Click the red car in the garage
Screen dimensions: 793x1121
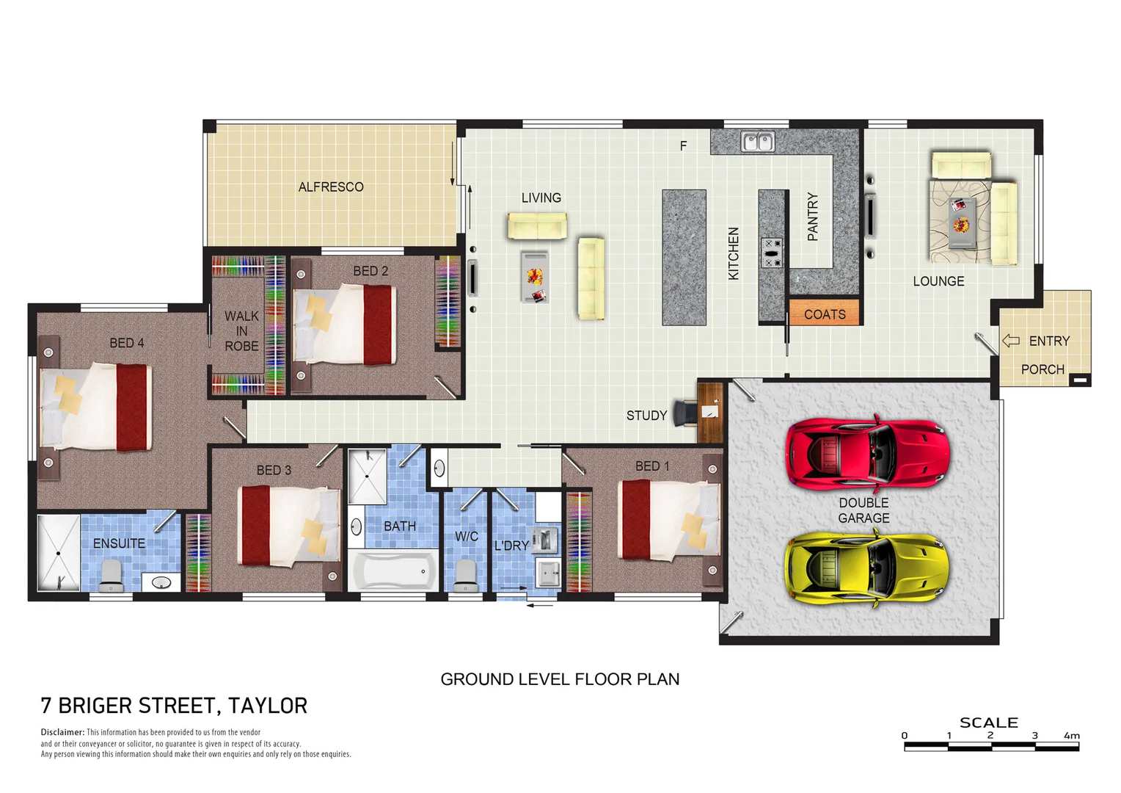tap(866, 453)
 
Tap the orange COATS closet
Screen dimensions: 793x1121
tap(824, 314)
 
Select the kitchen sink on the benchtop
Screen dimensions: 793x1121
tap(757, 141)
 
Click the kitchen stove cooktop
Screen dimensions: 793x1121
tap(771, 252)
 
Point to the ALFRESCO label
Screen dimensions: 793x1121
tap(331, 187)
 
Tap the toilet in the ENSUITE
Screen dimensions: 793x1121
tap(111, 574)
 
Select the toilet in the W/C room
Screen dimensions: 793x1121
tap(465, 574)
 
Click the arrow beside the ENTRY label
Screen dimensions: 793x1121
tap(1011, 341)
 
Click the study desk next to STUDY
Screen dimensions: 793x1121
tap(709, 412)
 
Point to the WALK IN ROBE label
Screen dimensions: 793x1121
tap(241, 330)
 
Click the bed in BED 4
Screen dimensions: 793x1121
tap(95, 408)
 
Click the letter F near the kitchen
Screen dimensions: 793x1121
tap(683, 146)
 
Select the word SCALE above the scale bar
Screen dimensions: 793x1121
tap(988, 723)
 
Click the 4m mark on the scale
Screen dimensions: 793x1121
tap(1072, 735)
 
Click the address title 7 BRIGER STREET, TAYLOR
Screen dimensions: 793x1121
tap(174, 706)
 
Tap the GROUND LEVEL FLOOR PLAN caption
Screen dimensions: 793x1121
tap(560, 679)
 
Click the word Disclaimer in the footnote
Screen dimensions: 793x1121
tap(62, 732)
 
